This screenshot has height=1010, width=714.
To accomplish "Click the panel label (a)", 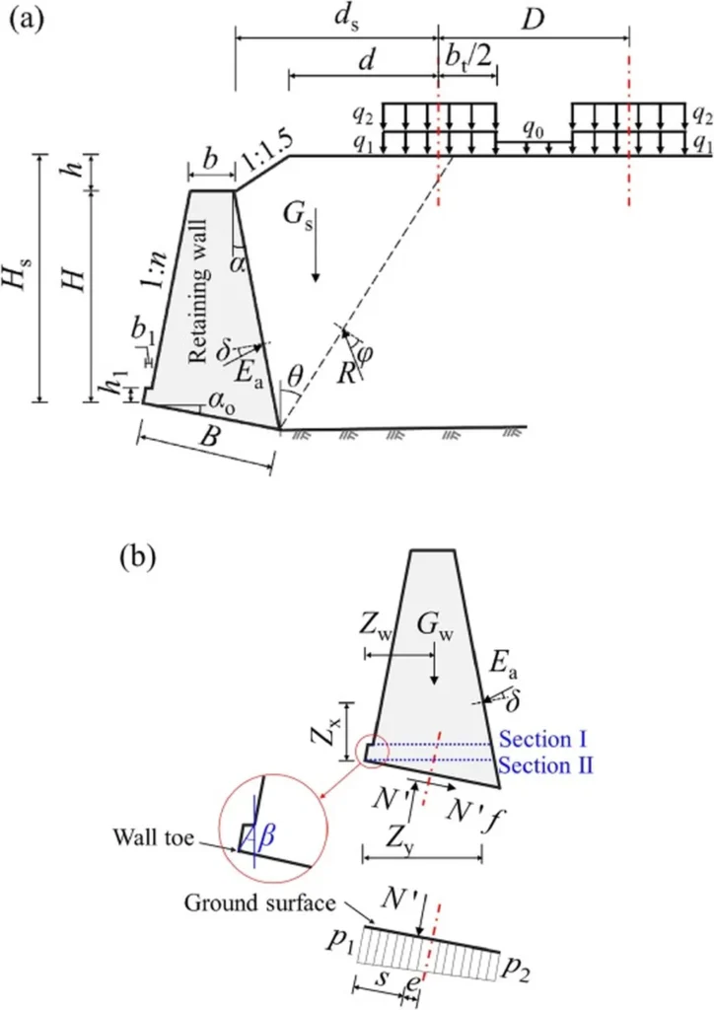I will pos(29,21).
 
